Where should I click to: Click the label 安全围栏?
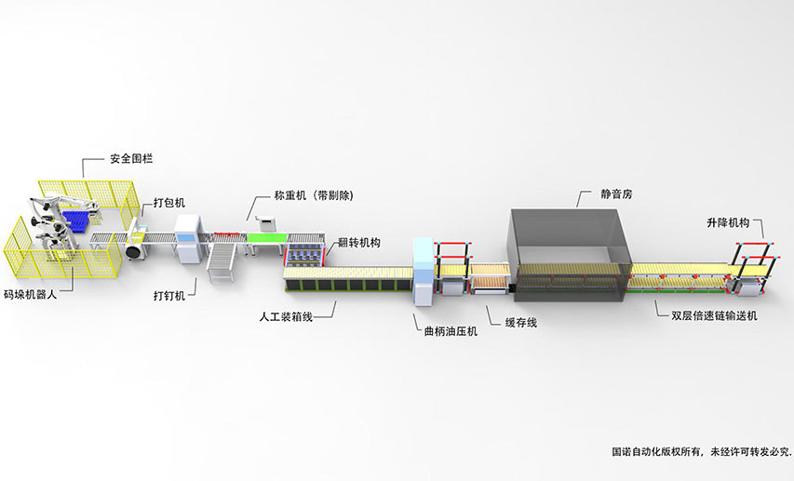click(130, 159)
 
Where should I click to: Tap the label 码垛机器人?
click(34, 293)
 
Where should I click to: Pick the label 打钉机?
click(169, 296)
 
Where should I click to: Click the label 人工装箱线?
click(286, 316)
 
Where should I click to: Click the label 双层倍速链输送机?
click(714, 316)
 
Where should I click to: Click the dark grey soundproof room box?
click(567, 247)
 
